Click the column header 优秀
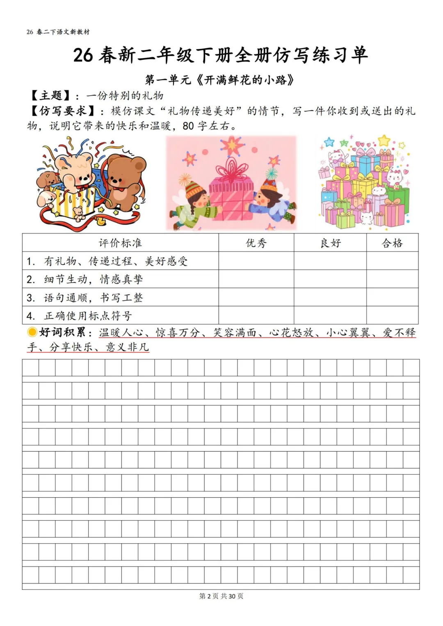pyautogui.click(x=256, y=243)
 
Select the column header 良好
pyautogui.click(x=330, y=243)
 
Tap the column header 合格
pyautogui.click(x=392, y=243)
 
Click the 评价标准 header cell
pyautogui.click(x=120, y=243)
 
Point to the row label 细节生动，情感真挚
pyautogui.click(x=94, y=279)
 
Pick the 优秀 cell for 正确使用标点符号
pyautogui.click(x=256, y=315)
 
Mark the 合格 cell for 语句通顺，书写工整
pyautogui.click(x=392, y=297)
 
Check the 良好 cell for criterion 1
pyautogui.click(x=330, y=261)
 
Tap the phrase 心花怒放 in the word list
pyautogui.click(x=291, y=332)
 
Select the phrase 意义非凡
pyautogui.click(x=127, y=347)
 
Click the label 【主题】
pyautogui.click(x=50, y=96)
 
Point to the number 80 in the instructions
pyautogui.click(x=188, y=126)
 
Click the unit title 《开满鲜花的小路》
pyautogui.click(x=245, y=80)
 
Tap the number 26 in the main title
pyautogui.click(x=83, y=55)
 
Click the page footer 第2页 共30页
pyautogui.click(x=221, y=596)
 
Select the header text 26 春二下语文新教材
pyautogui.click(x=58, y=32)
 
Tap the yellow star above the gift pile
pyautogui.click(x=384, y=141)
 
